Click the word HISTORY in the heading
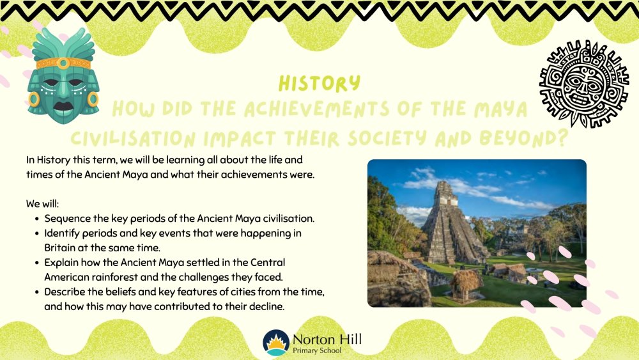coord(319,84)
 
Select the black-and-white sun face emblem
coord(584,84)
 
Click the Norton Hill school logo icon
coord(276,343)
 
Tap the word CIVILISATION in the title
coord(133,139)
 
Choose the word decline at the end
coord(269,306)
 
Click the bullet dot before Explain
coord(36,263)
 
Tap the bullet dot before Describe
coord(36,292)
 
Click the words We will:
coord(42,203)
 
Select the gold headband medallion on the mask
coord(63,63)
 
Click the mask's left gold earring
coord(34,100)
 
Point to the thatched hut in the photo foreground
coord(466,285)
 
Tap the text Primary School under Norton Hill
coord(317,350)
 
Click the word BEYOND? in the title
coord(524,139)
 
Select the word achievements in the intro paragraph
coord(256,175)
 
